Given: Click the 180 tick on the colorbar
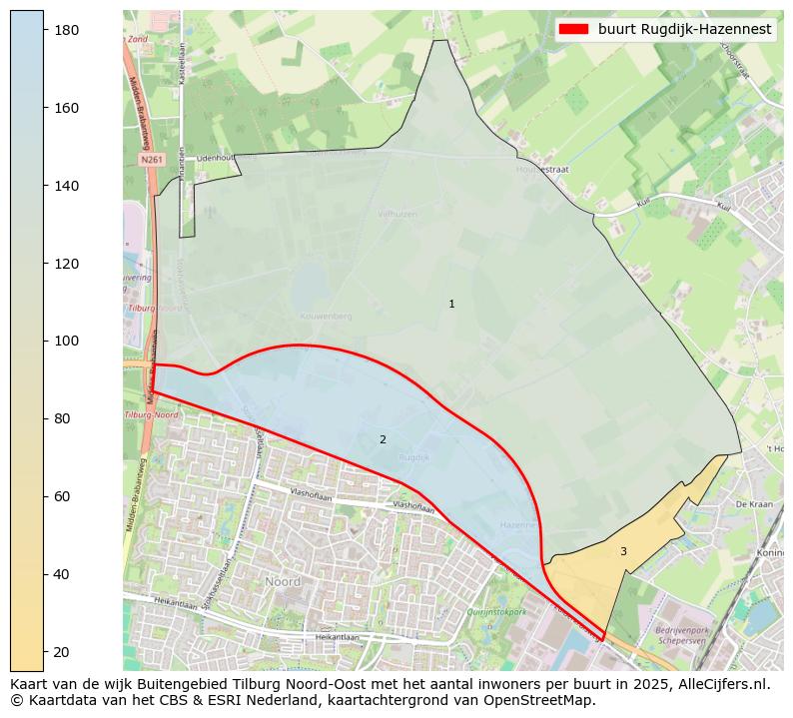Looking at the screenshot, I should [44, 30].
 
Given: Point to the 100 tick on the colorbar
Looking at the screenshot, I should [44, 341].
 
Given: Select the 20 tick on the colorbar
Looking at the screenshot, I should [44, 651].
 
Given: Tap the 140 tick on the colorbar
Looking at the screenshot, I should [44, 186].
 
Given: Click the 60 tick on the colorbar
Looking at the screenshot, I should [44, 496].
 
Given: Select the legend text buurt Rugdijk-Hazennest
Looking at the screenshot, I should [684, 30].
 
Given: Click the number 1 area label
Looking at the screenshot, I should [451, 304].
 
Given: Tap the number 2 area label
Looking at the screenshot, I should [383, 439].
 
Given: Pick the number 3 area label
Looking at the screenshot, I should [623, 551].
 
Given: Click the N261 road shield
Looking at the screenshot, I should [151, 159].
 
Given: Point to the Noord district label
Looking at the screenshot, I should [283, 581].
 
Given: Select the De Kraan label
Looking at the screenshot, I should [754, 505].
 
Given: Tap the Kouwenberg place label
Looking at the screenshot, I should [327, 316].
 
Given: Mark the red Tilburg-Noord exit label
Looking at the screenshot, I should [151, 414].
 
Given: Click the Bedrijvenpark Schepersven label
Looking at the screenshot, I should [681, 635].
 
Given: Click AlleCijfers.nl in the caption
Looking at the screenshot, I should [721, 684].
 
